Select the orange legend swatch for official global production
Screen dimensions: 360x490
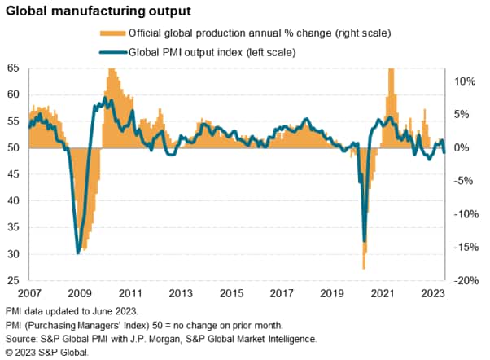[113, 33]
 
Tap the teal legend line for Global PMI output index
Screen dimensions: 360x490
[113, 52]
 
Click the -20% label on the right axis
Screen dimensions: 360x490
[463, 281]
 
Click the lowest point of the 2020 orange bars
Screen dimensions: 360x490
[364, 268]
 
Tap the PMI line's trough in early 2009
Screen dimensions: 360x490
[78, 252]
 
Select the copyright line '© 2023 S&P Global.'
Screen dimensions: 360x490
[46, 352]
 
